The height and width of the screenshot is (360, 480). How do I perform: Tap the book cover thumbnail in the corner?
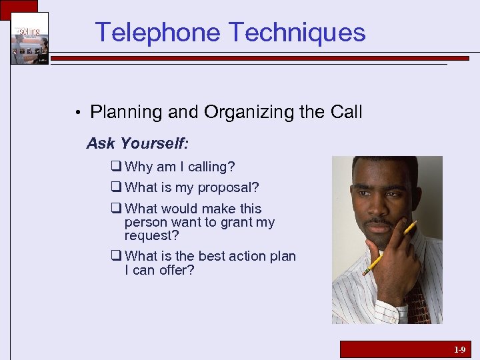coord(29,38)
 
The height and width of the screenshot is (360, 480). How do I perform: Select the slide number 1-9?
coord(459,349)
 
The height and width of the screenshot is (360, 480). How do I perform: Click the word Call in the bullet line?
coord(346,112)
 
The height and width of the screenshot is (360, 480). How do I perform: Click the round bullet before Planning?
coord(78,113)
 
